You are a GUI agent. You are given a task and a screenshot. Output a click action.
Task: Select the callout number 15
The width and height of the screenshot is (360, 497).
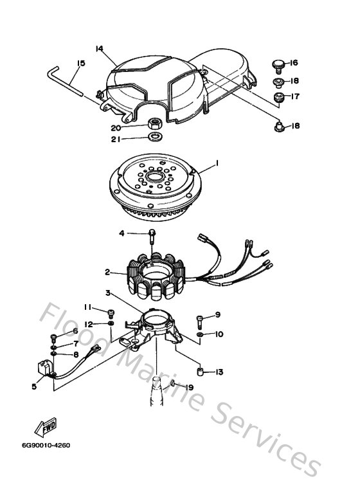pos(80,63)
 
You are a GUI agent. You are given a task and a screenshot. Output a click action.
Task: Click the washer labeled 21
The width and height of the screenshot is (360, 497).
pos(155,137)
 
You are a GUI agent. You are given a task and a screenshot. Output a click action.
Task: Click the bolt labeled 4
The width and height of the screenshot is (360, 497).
pos(152,235)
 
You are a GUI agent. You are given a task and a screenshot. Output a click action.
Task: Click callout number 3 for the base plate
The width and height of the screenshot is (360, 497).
pos(108,293)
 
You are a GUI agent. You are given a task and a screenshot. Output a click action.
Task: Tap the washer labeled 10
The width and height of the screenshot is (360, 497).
pos(202,334)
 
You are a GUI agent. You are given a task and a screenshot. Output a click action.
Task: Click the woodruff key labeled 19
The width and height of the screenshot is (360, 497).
pos(174,386)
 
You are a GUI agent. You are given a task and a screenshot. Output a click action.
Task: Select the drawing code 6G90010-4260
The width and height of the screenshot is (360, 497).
pos(44,444)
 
